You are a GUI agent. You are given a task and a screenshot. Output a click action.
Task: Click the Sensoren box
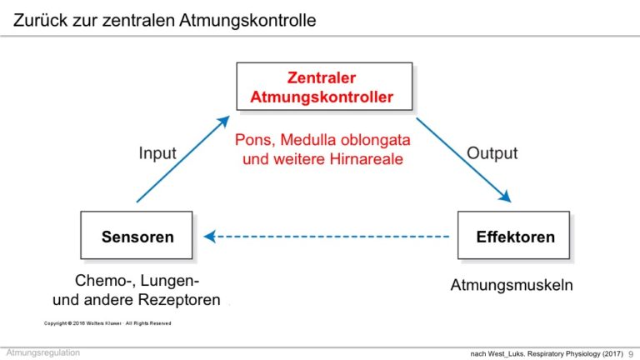[x=137, y=235]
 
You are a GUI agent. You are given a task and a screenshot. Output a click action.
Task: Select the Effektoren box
[x=513, y=235]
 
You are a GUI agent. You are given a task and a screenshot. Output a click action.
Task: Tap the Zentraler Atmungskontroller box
[x=324, y=86]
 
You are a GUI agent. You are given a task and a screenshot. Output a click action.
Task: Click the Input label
[x=157, y=153]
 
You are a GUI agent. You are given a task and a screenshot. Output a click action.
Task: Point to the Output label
[x=492, y=153]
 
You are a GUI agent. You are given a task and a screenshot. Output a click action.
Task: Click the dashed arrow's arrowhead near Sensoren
[x=210, y=237]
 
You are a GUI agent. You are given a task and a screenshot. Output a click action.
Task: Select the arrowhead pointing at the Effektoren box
[x=505, y=197]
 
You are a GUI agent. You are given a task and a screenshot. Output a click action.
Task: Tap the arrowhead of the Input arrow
[x=223, y=122]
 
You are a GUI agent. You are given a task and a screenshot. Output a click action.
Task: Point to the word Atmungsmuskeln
[x=512, y=285]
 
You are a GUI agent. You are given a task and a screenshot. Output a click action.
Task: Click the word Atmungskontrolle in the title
[x=247, y=20]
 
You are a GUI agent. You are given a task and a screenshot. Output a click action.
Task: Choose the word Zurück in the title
[x=40, y=20]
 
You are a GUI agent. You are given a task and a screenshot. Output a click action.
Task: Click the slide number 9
[x=631, y=354]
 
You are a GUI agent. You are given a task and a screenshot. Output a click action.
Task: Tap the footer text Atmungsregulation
[x=43, y=352]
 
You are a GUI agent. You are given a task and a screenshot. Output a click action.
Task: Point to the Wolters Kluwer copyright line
[x=107, y=323]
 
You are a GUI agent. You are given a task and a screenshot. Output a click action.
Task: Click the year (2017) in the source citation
[x=612, y=353]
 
